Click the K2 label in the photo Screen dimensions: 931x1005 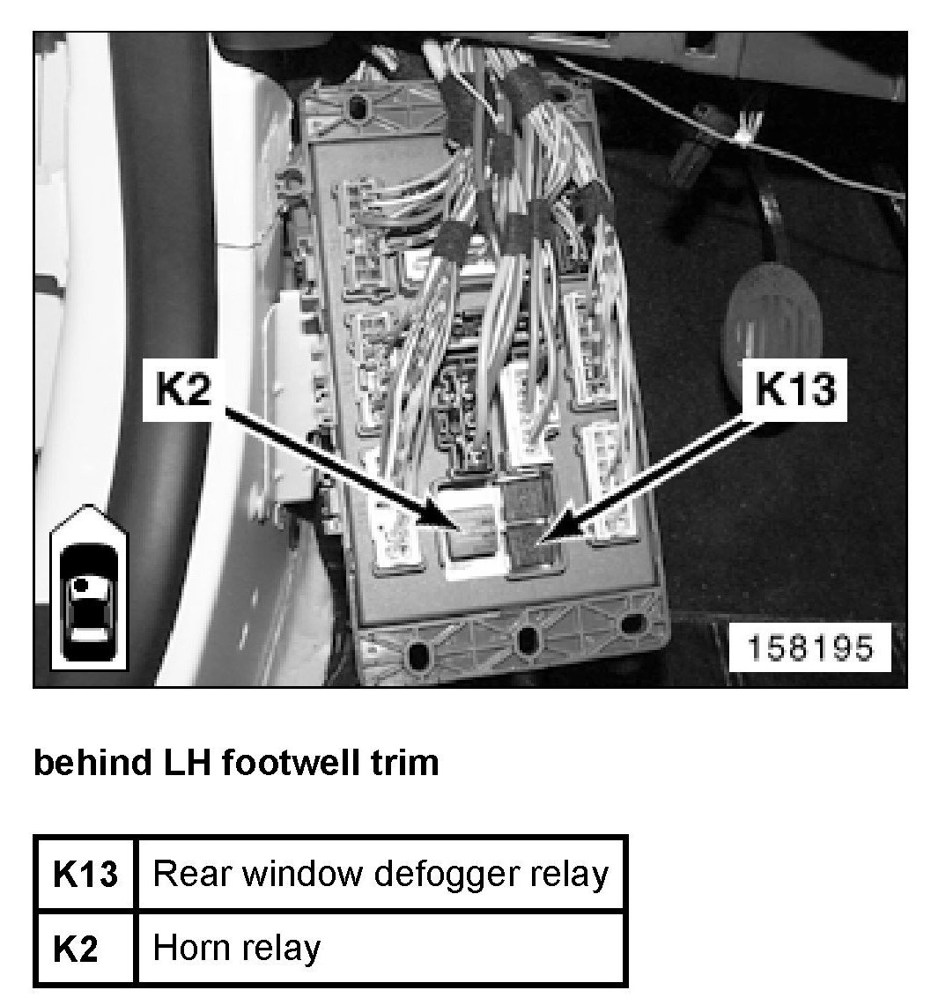[184, 389]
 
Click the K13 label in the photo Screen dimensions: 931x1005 [796, 389]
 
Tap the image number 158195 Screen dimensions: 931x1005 [810, 647]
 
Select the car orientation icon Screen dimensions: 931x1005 [90, 588]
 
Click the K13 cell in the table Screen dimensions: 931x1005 [85, 874]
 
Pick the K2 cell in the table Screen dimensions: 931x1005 [85, 948]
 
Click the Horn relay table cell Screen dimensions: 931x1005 [381, 948]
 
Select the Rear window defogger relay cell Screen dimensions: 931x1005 [381, 874]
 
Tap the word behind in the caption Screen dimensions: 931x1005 [91, 763]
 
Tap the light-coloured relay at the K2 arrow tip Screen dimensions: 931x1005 [471, 529]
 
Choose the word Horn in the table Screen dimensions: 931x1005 [187, 948]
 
